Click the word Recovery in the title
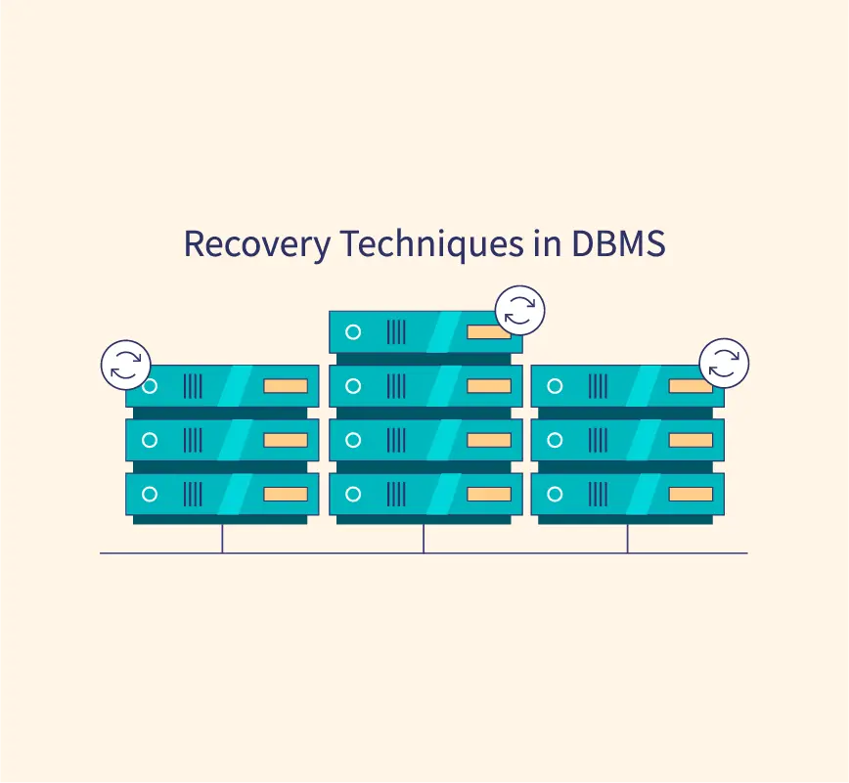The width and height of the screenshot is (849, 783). (257, 244)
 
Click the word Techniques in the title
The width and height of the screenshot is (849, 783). (432, 244)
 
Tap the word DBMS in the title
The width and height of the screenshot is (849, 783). (618, 243)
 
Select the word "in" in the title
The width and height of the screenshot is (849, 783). (548, 243)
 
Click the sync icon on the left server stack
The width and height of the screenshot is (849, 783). (125, 365)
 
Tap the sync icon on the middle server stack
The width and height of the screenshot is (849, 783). (519, 311)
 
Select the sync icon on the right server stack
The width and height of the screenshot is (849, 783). (724, 363)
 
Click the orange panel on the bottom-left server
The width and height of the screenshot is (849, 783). (286, 494)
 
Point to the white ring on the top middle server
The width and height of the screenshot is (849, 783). (353, 331)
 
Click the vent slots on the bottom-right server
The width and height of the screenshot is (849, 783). (598, 494)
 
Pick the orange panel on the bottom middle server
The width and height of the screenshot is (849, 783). (489, 494)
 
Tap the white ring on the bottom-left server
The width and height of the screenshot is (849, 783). (150, 494)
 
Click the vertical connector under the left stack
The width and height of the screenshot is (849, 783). (222, 539)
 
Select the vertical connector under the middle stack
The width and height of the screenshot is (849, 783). (424, 539)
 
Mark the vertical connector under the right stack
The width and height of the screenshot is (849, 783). (627, 539)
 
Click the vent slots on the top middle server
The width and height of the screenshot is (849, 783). (396, 331)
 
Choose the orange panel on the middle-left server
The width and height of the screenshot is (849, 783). (286, 440)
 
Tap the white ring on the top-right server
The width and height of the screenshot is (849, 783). (555, 386)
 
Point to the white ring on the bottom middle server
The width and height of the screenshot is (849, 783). (353, 494)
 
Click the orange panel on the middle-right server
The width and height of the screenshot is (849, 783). (691, 440)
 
